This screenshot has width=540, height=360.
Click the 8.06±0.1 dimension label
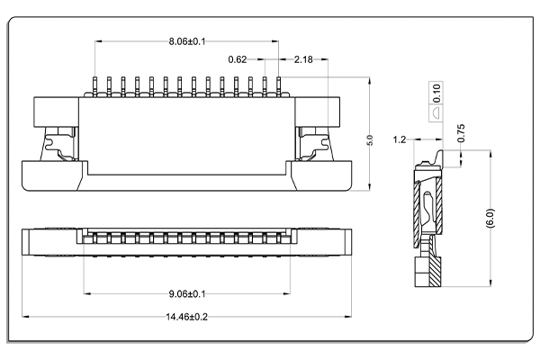coord(187,41)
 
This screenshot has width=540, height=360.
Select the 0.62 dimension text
coord(238,59)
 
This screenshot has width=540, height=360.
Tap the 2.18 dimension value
coord(303,59)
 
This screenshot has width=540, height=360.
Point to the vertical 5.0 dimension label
coord(370,140)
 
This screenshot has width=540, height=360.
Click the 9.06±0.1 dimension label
coord(187,294)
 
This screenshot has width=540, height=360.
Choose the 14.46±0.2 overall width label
coord(187,317)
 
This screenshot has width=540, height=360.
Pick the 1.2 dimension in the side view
coord(400,139)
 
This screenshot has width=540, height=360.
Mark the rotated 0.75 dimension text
coord(461,133)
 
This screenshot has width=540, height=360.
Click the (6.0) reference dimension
coord(490,218)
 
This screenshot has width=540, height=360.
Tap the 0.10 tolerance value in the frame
coord(436,93)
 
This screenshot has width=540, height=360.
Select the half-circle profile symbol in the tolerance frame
coord(436,113)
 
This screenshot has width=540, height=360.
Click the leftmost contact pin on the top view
coord(94,85)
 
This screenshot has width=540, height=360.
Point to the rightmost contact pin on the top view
coord(279,85)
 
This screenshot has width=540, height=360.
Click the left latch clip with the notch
coord(58,144)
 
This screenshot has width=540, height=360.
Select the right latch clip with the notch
coord(315,144)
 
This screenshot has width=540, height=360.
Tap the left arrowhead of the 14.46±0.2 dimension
coord(25,316)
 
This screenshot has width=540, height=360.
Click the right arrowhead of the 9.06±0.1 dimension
coord(286,294)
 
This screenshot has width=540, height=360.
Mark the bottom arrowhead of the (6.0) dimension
coord(490,283)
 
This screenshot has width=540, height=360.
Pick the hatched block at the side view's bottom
coord(435,272)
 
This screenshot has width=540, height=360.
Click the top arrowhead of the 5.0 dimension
coord(370,81)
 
